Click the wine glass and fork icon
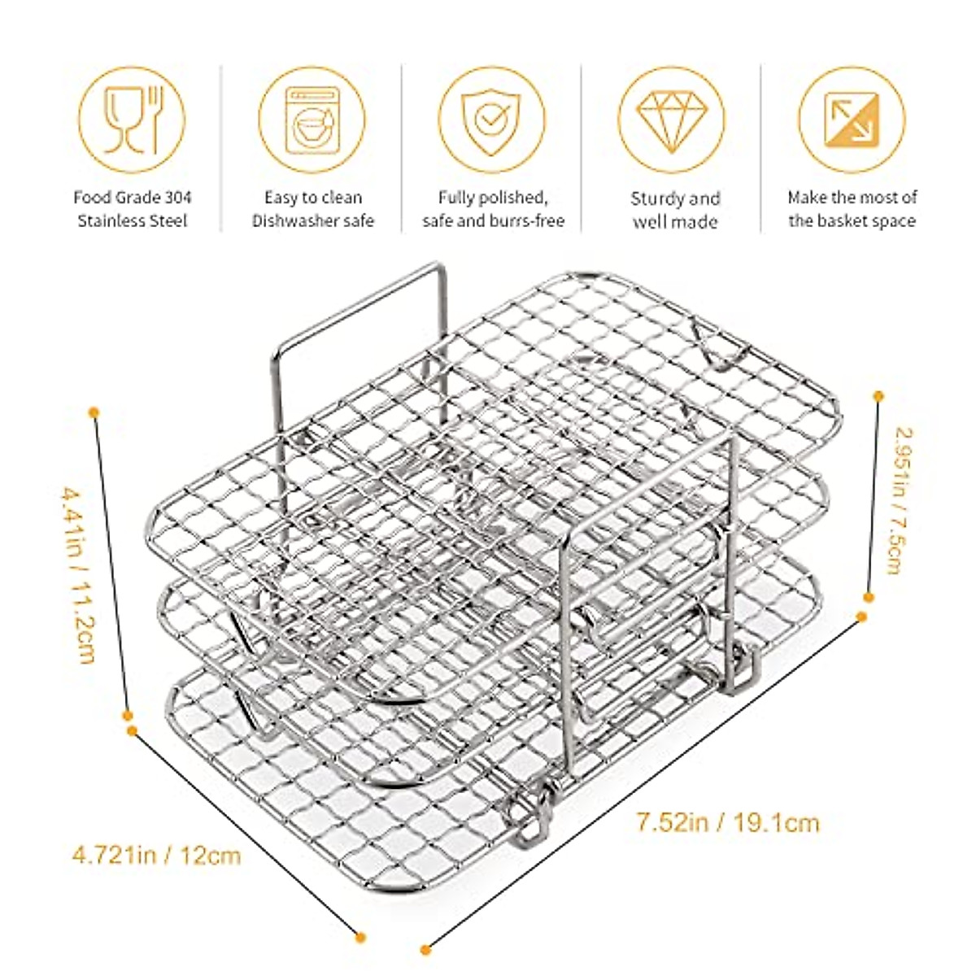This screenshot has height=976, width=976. tap(132, 120)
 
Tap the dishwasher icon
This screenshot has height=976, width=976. tap(312, 120)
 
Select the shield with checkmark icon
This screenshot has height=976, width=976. tap(491, 120)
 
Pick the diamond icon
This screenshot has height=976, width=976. tap(671, 120)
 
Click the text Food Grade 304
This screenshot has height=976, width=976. tap(133, 198)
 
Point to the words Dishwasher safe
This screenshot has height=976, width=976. tap(313, 221)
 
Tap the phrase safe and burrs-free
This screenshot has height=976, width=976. tap(493, 221)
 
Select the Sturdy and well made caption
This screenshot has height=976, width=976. tap(675, 210)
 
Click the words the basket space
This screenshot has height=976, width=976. tap(852, 221)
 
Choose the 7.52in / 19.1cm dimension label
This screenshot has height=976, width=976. tap(727, 823)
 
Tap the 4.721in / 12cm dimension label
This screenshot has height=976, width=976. tap(157, 856)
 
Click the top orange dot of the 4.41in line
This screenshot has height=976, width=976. tap(94, 412)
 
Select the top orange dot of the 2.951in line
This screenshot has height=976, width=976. tap(878, 395)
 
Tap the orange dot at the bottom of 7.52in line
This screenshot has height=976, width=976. tap(425, 949)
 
